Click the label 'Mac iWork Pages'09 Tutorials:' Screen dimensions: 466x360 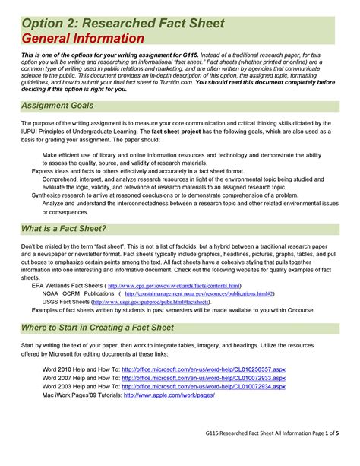click(81, 395)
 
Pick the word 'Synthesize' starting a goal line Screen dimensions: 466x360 click(48, 195)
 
